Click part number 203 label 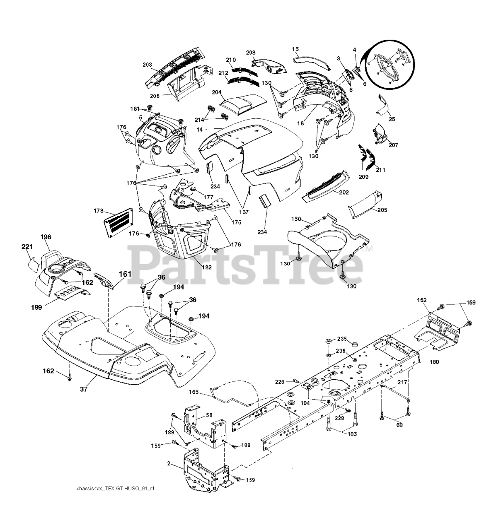tap(147, 65)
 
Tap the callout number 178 tap(99, 211)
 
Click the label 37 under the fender tap(84, 389)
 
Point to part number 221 tap(27, 247)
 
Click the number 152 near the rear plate tap(422, 300)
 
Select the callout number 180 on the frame tap(434, 362)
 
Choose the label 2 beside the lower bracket tap(169, 464)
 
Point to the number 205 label tap(382, 210)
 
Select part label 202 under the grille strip tap(344, 192)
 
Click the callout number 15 tap(295, 49)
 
